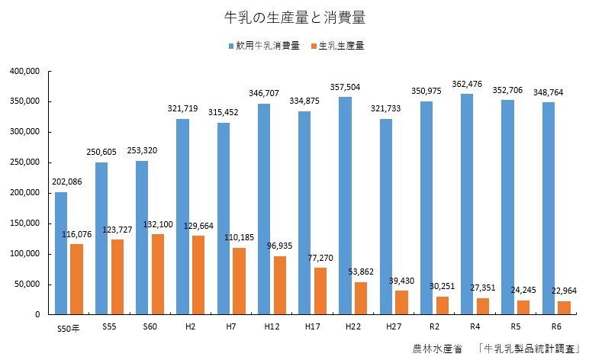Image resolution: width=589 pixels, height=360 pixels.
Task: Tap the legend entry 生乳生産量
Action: click(x=341, y=46)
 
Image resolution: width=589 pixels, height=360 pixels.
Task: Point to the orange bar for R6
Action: click(x=565, y=307)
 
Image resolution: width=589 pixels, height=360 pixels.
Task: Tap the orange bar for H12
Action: click(x=280, y=285)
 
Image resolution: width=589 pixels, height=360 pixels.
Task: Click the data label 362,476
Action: click(x=465, y=84)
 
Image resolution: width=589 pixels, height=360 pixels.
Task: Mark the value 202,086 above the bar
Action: click(x=66, y=182)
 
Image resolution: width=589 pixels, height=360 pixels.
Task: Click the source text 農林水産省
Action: click(x=437, y=349)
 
